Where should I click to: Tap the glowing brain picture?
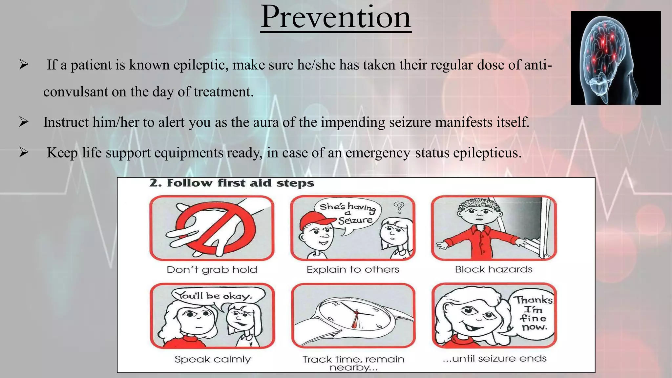point(616,58)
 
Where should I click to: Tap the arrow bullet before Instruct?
point(24,122)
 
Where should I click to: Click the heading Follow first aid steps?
point(232,183)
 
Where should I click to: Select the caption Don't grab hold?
point(212,270)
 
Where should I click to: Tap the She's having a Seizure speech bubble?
point(348,214)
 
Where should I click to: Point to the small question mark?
point(399,207)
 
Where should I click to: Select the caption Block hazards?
point(493,269)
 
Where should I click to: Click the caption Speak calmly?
point(213,359)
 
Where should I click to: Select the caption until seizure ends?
point(494,359)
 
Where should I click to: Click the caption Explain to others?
point(353,270)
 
